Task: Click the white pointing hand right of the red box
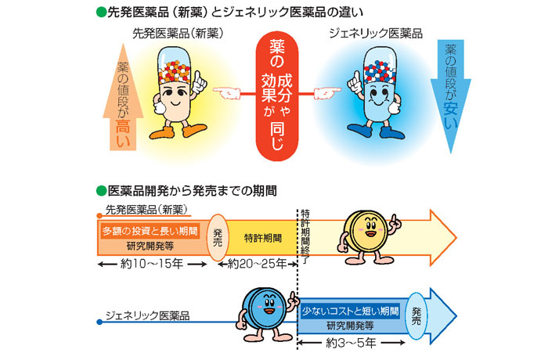coord(327,93)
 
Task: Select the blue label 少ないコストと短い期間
coord(351,311)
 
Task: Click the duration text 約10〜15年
coord(148,264)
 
